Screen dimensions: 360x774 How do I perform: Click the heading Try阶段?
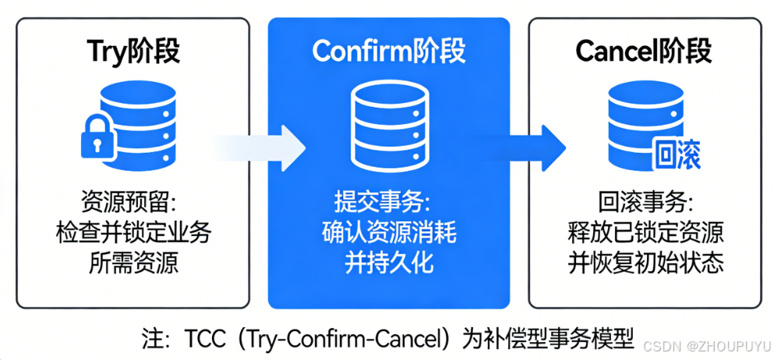coord(133,51)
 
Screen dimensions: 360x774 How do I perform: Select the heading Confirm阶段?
coord(389,51)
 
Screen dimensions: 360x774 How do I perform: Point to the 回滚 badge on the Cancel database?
coord(675,153)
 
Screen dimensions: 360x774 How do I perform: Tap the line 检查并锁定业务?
coord(133,231)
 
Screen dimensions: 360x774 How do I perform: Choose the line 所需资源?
coord(133,262)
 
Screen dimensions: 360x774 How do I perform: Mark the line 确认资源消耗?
coord(389,231)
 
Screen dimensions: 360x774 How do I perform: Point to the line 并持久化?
coord(389,262)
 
